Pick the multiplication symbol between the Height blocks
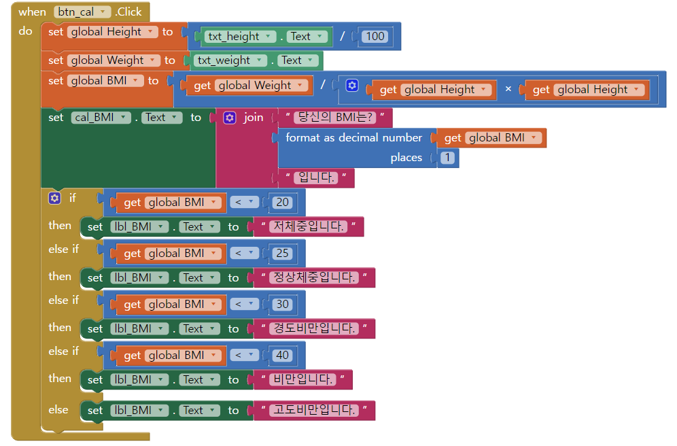(508, 89)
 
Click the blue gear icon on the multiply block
(351, 86)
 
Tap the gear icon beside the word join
(230, 118)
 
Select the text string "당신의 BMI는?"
(336, 118)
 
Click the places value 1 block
(447, 158)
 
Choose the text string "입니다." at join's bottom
(316, 178)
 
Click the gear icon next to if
(54, 198)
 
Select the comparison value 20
(282, 202)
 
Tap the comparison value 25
(282, 253)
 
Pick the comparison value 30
(282, 304)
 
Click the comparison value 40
(282, 355)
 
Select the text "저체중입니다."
(308, 226)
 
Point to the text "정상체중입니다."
(313, 277)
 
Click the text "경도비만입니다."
(313, 328)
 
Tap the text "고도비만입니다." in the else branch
(313, 410)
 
